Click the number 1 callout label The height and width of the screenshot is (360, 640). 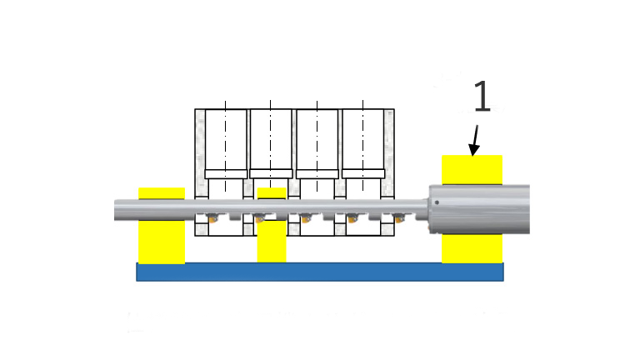point(482,96)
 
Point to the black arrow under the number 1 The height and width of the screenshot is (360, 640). point(475,140)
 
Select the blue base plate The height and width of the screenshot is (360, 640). point(320,272)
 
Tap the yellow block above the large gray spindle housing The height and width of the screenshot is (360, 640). point(472,170)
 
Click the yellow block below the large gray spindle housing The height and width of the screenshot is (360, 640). point(472,248)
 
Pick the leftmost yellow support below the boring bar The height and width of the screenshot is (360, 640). point(162,242)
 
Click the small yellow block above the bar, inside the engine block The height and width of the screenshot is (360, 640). point(272,193)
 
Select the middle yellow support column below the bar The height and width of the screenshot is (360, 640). point(272,242)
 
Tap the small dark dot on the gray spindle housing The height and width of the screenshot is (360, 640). point(437,202)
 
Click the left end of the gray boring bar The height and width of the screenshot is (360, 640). point(115,210)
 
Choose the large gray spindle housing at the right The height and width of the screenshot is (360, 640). point(479,209)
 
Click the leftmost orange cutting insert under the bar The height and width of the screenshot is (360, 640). point(212,219)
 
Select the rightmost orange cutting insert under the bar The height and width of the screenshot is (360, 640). point(399,219)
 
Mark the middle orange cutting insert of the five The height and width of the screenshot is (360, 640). point(306,219)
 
